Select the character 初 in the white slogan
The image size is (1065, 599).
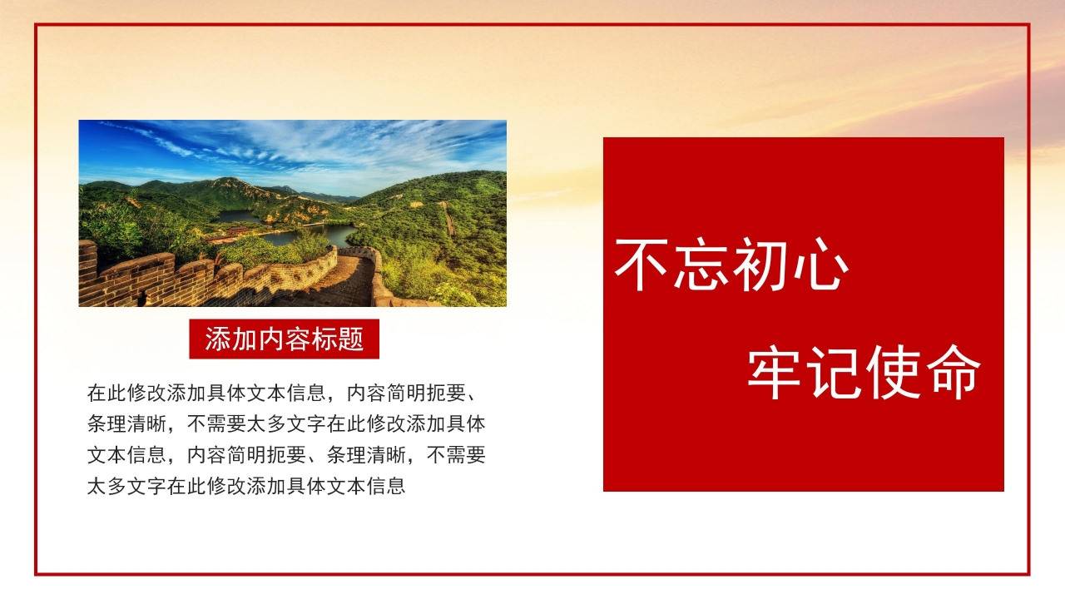pos(760,265)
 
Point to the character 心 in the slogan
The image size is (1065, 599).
pos(819,265)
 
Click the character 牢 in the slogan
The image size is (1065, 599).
pos(775,373)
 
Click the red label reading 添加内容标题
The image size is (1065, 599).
pos(284,339)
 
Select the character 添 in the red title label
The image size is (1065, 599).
pos(218,339)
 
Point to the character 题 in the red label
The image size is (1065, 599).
pos(351,339)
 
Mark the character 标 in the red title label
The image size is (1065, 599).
pos(324,339)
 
